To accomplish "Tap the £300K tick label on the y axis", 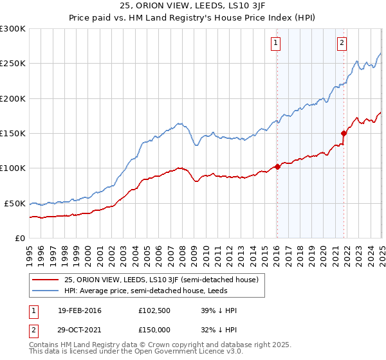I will (13, 29).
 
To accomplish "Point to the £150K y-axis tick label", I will (13, 133).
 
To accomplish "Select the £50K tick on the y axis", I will (15, 203).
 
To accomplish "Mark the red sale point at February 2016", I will (277, 166).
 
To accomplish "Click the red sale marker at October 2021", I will (344, 133).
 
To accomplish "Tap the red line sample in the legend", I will (46, 280).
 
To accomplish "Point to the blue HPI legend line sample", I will (46, 291).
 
